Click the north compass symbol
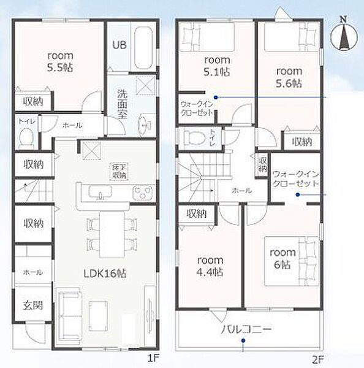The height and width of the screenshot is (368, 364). point(344,34)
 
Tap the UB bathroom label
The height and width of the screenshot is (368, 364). point(119,45)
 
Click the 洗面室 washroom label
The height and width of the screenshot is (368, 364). point(122,104)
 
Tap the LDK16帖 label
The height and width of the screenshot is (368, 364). point(105,274)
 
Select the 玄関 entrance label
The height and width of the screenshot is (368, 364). point(33,305)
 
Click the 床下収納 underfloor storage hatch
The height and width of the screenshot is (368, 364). point(119,172)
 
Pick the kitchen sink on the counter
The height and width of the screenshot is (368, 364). point(100,192)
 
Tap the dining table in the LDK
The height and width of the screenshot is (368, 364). point(112,235)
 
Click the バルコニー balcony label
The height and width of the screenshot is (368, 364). point(246,329)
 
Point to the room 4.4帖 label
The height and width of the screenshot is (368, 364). point(210,266)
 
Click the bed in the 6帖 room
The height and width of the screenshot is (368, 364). point(292,261)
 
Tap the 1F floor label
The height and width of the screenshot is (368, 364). point(154,358)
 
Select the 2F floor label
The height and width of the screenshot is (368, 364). point(318,359)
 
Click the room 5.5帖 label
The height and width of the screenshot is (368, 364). point(60,62)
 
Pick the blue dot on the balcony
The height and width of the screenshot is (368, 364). point(243,340)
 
